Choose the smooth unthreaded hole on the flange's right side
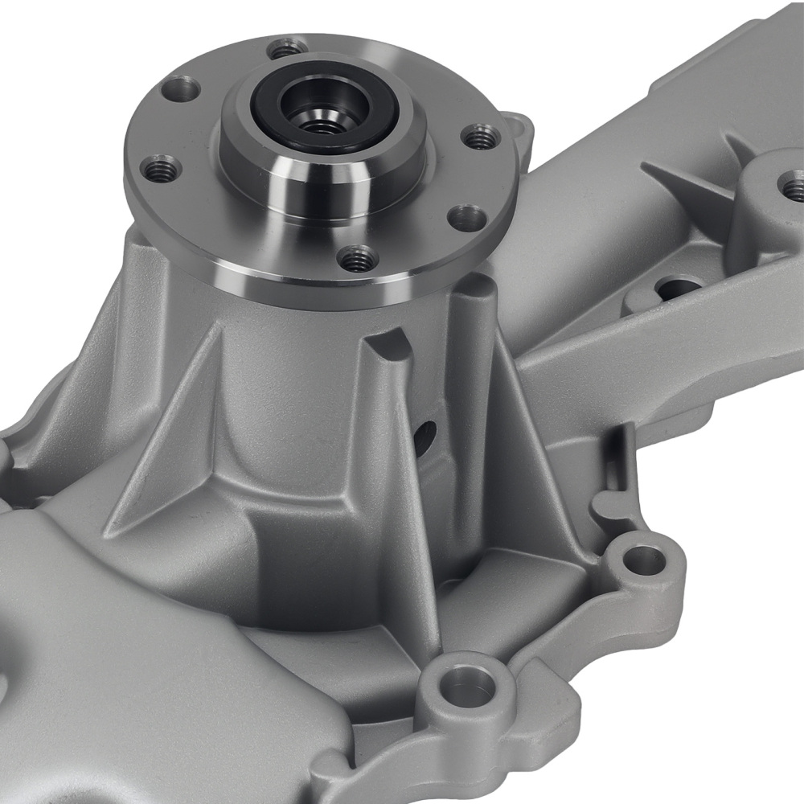[467, 215]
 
